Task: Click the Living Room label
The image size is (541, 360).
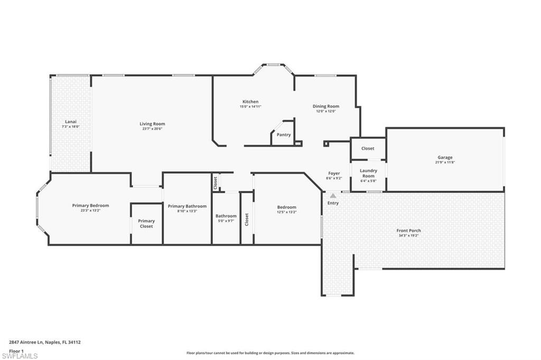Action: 152,124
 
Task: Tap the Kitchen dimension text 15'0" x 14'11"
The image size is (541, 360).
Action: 250,107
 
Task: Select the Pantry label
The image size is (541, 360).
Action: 284,135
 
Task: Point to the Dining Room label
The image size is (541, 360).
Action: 325,106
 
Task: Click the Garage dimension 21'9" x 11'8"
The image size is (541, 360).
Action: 444,162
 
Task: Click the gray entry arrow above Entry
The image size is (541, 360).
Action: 333,195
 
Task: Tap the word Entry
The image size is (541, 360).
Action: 333,203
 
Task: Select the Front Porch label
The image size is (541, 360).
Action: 408,231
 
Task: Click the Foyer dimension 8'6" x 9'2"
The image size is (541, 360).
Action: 334,178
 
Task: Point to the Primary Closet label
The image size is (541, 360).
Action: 146,224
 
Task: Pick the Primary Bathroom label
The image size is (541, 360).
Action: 187,206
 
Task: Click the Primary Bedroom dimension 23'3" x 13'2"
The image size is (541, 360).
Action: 90,211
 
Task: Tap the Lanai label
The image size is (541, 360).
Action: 70,121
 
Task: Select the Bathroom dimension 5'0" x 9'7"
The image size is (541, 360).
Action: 226,221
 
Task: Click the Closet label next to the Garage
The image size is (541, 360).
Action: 368,148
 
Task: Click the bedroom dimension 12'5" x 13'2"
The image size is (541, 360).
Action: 286,212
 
